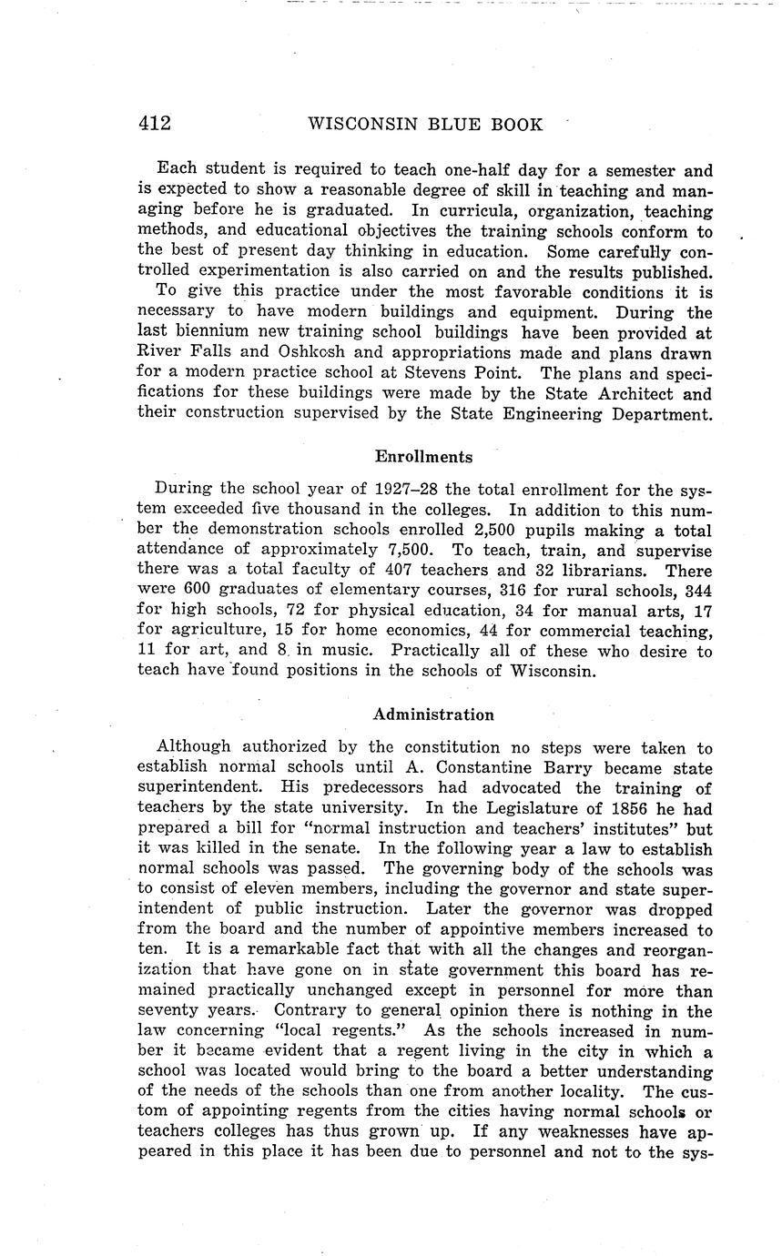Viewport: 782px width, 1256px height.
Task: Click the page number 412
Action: click(155, 124)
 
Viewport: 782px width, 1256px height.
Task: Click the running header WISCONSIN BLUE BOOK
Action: click(426, 124)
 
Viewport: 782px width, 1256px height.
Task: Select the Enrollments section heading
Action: click(423, 456)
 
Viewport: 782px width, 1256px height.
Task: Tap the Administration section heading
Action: click(433, 714)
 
